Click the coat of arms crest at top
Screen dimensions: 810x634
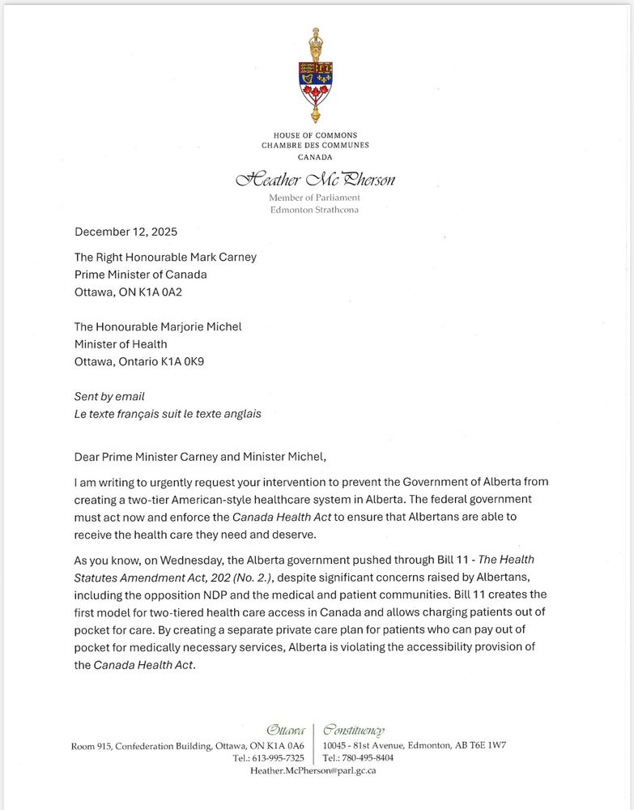click(315, 77)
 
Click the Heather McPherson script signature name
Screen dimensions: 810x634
click(315, 179)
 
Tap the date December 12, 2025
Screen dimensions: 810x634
click(125, 231)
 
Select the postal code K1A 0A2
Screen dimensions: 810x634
click(163, 292)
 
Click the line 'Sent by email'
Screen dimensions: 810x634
click(110, 396)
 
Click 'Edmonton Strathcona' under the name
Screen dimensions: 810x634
click(315, 210)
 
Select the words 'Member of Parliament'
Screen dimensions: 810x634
click(315, 198)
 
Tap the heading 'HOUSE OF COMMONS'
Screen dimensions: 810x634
click(315, 135)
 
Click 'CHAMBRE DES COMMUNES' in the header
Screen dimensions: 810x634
click(315, 145)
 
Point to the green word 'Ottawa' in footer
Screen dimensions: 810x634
click(286, 731)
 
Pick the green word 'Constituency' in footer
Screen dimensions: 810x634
click(354, 731)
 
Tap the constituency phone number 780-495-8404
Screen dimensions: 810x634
click(368, 758)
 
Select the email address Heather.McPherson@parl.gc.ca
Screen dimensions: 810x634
click(313, 771)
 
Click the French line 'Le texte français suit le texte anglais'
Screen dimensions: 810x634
click(168, 414)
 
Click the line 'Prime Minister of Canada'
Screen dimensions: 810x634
click(141, 275)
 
